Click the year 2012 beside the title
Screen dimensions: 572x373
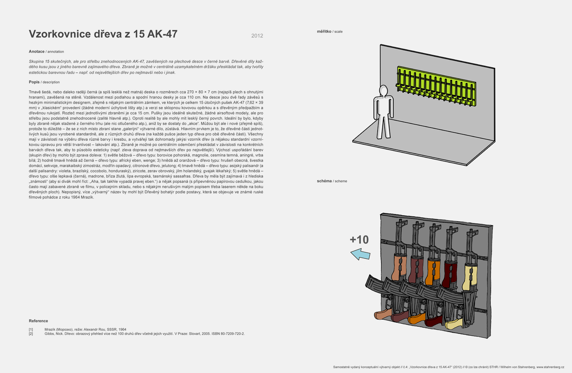click(257, 36)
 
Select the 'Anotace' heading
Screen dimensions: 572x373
click(37, 51)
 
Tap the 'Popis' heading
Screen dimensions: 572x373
click(34, 82)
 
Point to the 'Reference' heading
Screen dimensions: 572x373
click(38, 321)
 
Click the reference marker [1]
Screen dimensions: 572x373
click(31, 329)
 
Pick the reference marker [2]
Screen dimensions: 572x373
click(31, 334)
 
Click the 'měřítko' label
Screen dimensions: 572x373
click(324, 31)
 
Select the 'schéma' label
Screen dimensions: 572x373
click(324, 181)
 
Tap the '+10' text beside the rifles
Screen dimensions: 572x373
click(359, 240)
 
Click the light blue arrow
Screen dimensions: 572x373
click(360, 254)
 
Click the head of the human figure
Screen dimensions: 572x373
click(383, 91)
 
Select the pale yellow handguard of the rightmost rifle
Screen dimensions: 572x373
click(470, 278)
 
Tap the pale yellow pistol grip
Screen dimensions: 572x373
click(454, 324)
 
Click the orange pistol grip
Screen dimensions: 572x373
click(416, 319)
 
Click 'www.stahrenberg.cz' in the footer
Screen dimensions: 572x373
click(550, 367)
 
